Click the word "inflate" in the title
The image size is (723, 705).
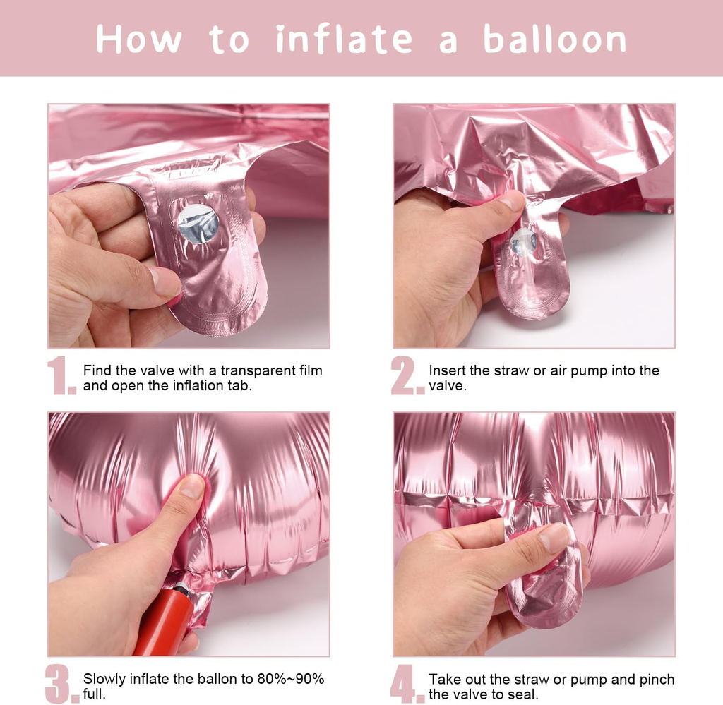click(x=344, y=39)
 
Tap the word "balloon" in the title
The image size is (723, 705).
click(x=555, y=39)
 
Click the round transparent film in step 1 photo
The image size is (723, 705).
click(x=198, y=224)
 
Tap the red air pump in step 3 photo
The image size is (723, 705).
click(x=166, y=617)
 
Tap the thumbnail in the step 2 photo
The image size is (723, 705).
click(x=512, y=201)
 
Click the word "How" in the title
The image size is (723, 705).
click(x=139, y=39)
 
